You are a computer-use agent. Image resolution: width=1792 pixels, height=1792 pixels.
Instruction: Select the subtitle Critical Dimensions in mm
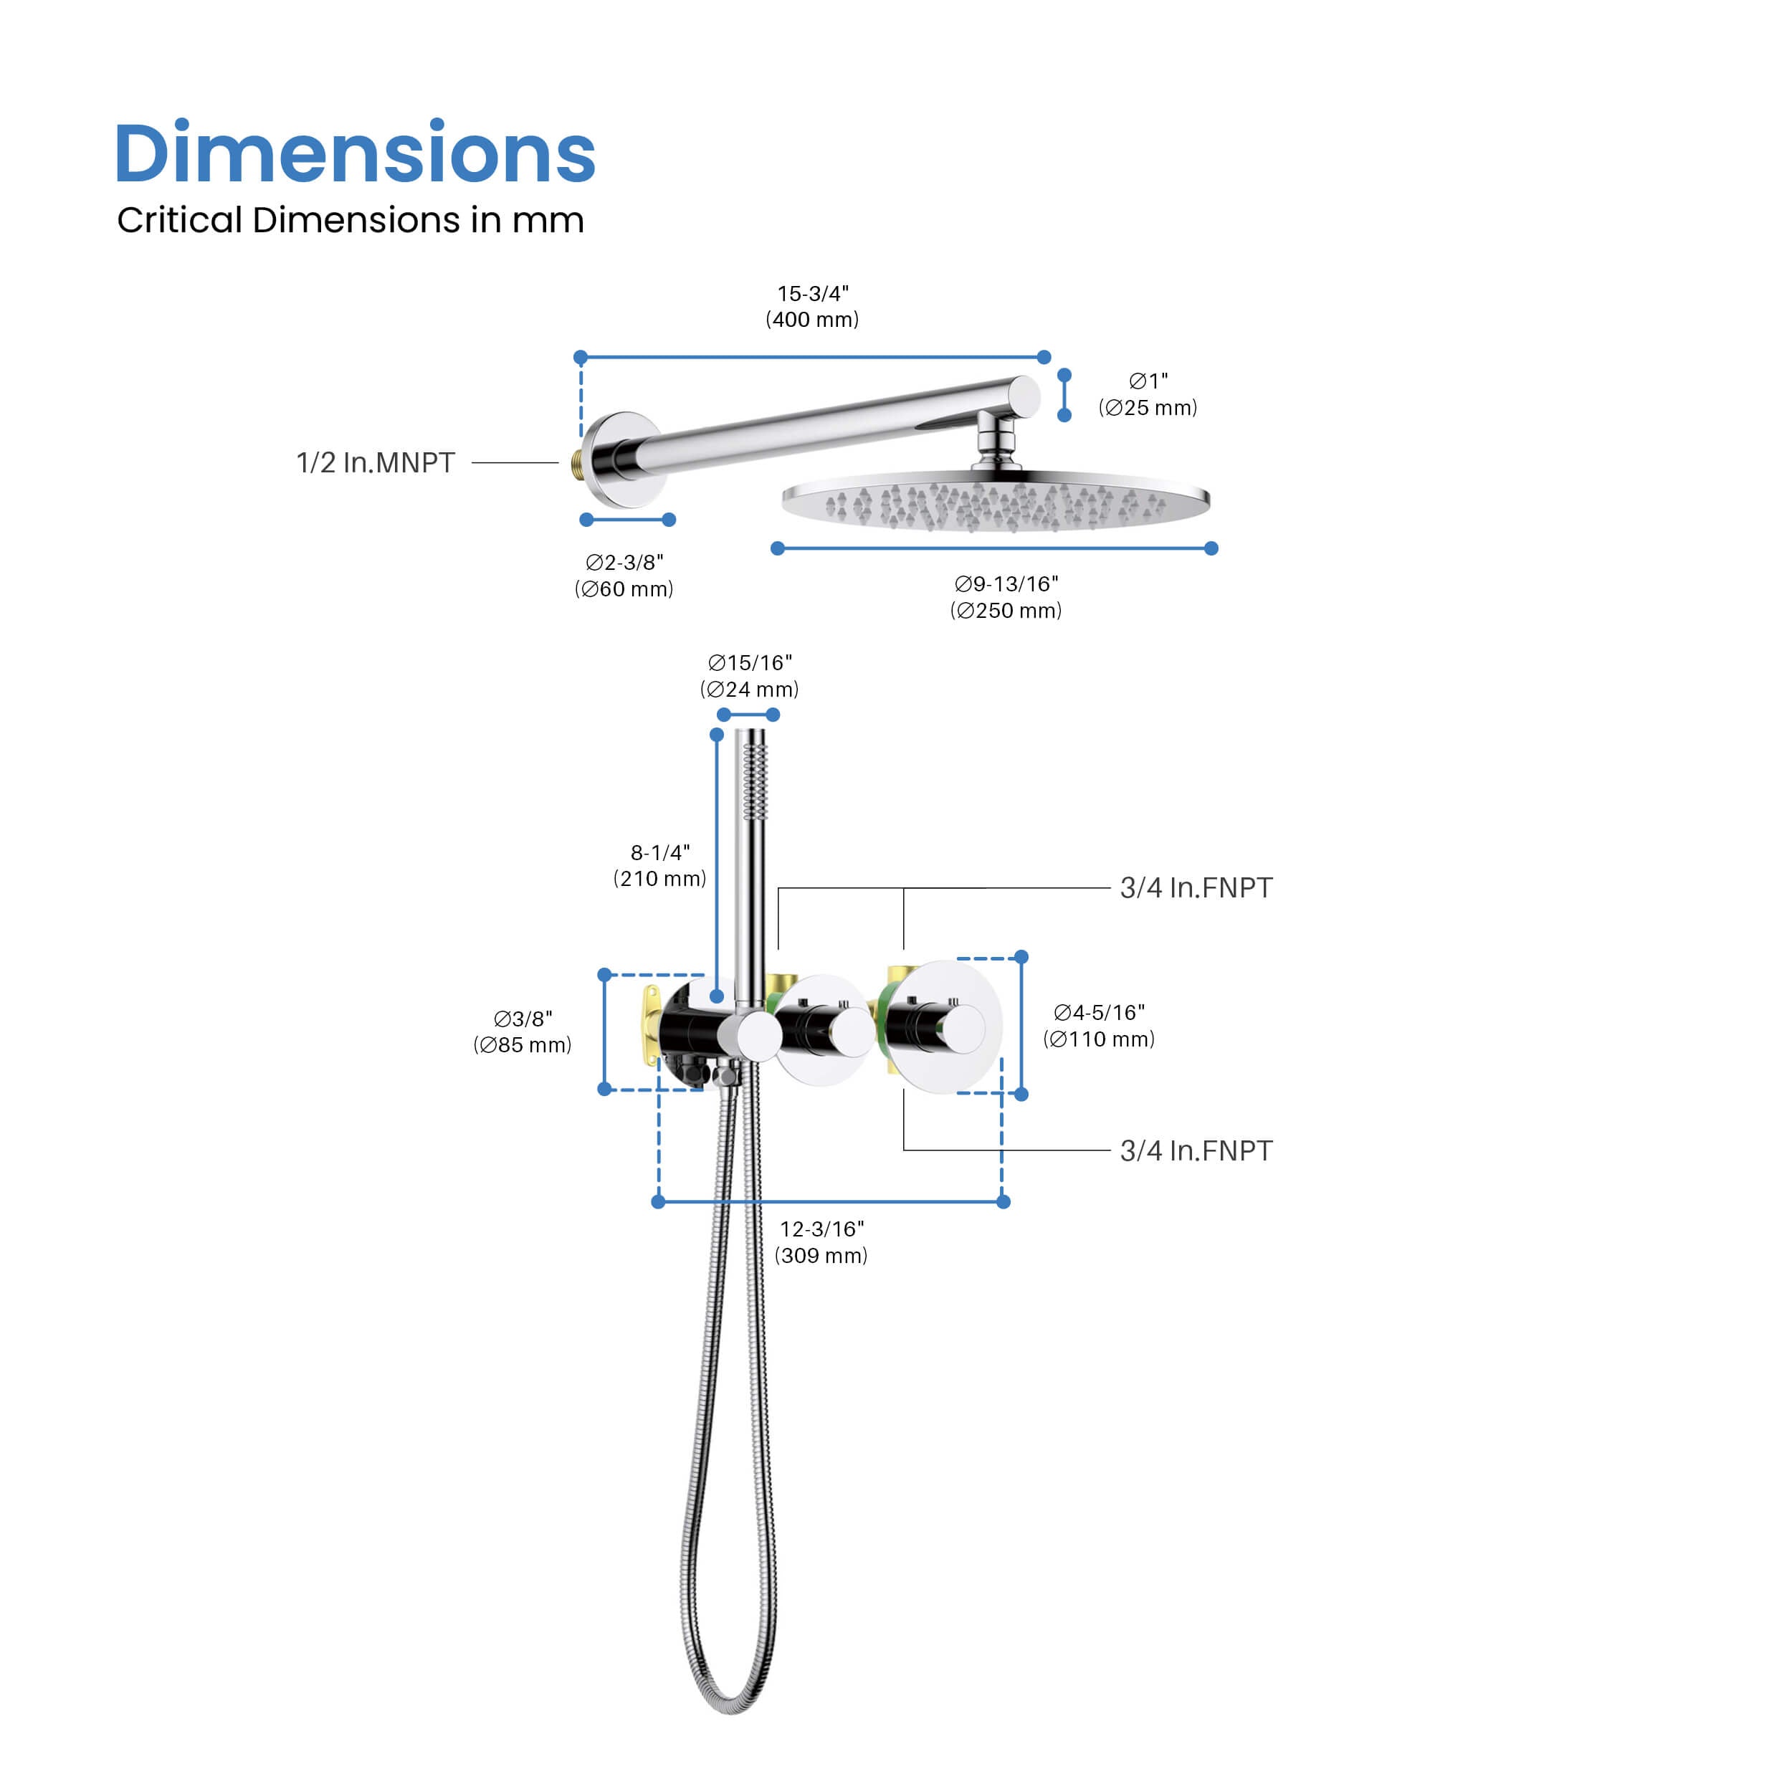[x=351, y=220]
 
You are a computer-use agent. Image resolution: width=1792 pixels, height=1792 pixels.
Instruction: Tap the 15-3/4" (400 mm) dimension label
[x=813, y=306]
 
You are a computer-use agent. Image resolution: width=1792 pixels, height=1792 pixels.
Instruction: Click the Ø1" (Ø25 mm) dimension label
[x=1148, y=394]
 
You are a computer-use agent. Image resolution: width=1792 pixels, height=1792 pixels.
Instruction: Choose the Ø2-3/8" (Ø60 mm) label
[x=624, y=575]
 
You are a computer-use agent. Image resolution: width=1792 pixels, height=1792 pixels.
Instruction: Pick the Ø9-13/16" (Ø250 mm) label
[x=1006, y=596]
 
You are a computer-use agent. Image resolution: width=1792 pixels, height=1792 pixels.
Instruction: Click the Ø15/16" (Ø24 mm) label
[x=750, y=675]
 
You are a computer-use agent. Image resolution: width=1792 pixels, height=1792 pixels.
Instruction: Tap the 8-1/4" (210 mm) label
[x=659, y=865]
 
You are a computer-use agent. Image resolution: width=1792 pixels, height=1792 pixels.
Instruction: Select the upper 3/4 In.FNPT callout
[x=1196, y=887]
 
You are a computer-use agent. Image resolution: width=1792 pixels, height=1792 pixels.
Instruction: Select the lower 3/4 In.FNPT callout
[x=1196, y=1150]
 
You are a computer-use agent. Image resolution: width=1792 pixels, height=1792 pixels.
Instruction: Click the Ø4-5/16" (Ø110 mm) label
[x=1099, y=1025]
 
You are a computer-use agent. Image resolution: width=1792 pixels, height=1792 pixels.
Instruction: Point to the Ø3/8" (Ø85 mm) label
[x=523, y=1031]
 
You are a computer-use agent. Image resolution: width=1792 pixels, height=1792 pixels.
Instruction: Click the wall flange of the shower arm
[x=624, y=460]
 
